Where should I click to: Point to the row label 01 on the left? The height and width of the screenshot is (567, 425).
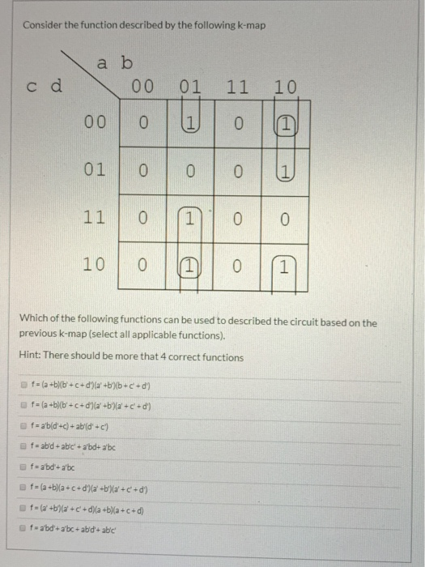tap(94, 171)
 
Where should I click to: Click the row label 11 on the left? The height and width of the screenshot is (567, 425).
tap(94, 218)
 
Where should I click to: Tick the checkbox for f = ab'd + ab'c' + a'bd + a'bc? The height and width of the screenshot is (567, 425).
tap(24, 446)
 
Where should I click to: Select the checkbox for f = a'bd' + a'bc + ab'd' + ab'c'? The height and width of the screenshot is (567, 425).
tap(24, 528)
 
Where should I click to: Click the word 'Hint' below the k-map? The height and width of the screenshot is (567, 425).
tap(30, 357)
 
